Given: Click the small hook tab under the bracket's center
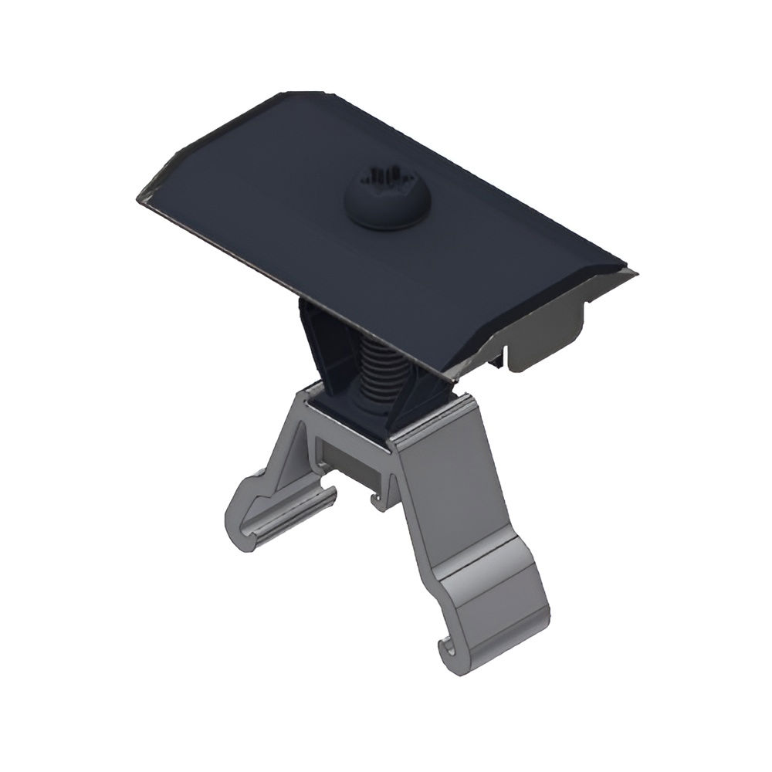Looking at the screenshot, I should (x=378, y=500).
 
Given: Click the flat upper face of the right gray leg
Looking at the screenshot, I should (x=463, y=494).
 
